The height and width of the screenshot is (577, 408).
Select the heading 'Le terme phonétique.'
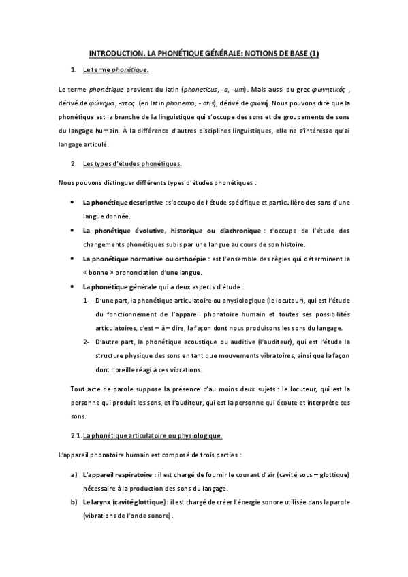[x=114, y=70]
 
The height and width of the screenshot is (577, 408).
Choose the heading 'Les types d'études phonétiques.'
[x=131, y=165]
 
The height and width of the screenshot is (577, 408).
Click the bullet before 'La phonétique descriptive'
[x=72, y=203]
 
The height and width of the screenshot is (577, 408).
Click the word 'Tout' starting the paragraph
[x=77, y=389]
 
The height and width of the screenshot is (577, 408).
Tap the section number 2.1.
[x=76, y=434]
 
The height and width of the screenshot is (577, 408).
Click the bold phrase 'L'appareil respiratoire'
[x=116, y=474]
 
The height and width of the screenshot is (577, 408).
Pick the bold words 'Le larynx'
[x=97, y=502]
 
